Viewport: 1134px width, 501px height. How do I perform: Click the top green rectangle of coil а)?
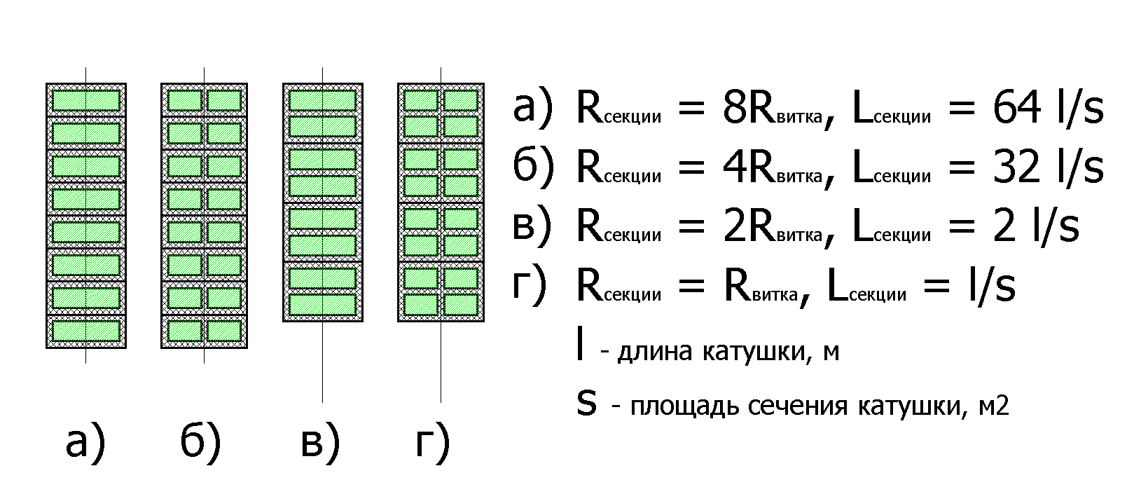tap(86, 99)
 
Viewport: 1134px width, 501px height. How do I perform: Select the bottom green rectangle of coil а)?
tap(86, 331)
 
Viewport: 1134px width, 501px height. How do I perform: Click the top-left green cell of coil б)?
tap(184, 99)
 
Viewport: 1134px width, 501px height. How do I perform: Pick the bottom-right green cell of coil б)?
tap(224, 331)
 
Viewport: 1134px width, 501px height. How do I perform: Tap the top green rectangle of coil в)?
tap(322, 100)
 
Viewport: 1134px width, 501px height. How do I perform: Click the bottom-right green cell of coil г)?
tap(460, 304)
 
